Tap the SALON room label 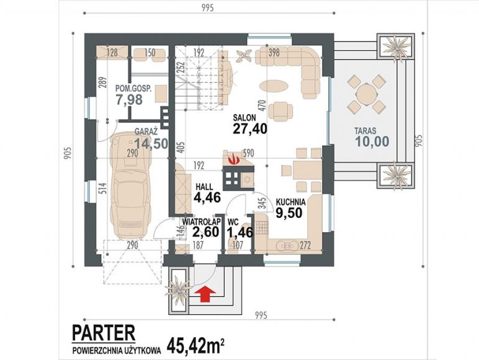244,118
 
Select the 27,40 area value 250,129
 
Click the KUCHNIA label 290,202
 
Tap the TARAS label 365,131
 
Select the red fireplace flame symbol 234,160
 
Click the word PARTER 104,333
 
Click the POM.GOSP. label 133,88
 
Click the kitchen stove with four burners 261,228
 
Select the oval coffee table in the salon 273,85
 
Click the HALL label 204,187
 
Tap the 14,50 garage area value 151,143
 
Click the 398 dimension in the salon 274,53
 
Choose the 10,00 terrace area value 372,141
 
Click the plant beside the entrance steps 177,288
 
